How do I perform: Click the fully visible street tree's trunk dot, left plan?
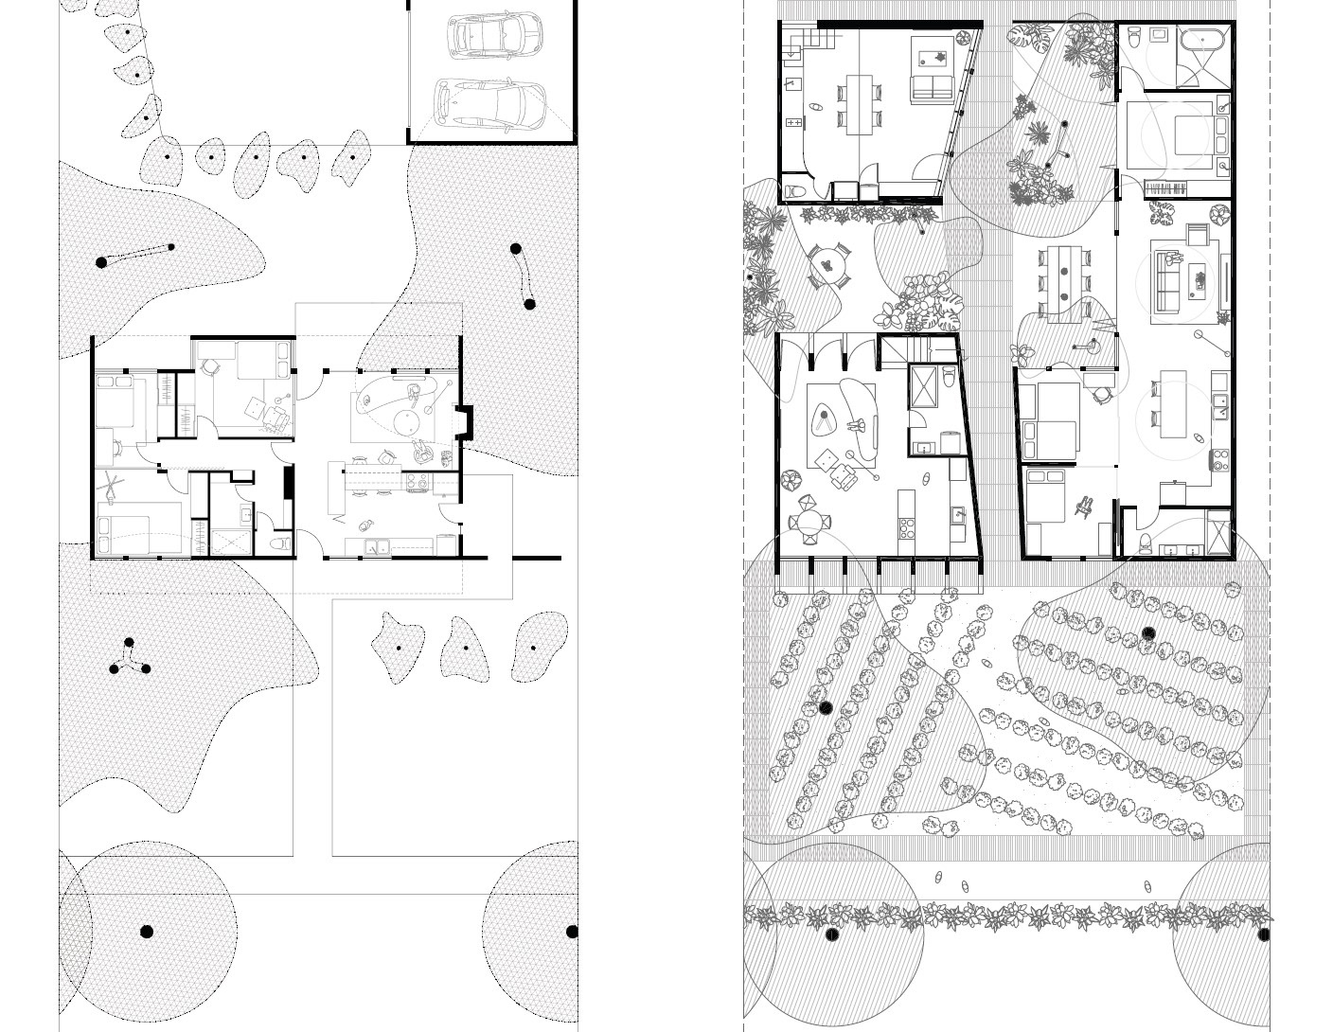pos(146,932)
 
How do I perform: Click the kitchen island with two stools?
pos(1171,404)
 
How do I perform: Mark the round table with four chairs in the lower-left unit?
pos(809,522)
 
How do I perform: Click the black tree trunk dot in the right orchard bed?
pos(1149,633)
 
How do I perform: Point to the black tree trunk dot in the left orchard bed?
pos(825,708)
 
